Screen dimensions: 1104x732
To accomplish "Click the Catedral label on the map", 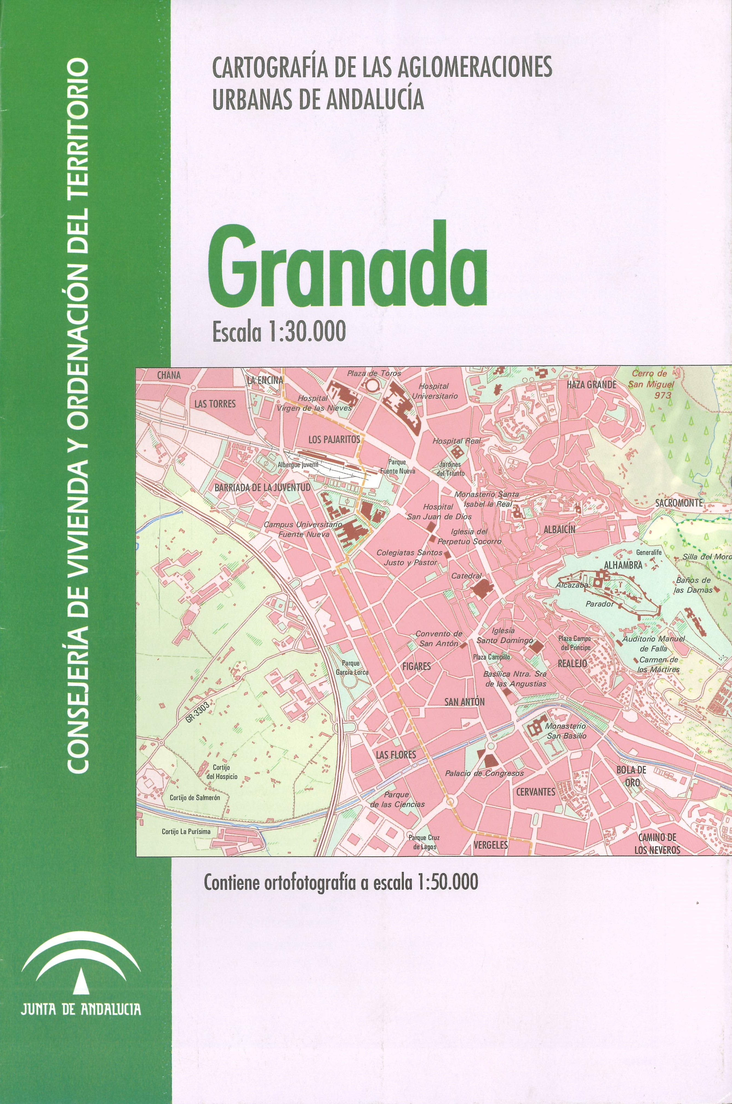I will point(466,576).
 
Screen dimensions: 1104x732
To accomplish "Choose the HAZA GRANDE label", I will point(591,385).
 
